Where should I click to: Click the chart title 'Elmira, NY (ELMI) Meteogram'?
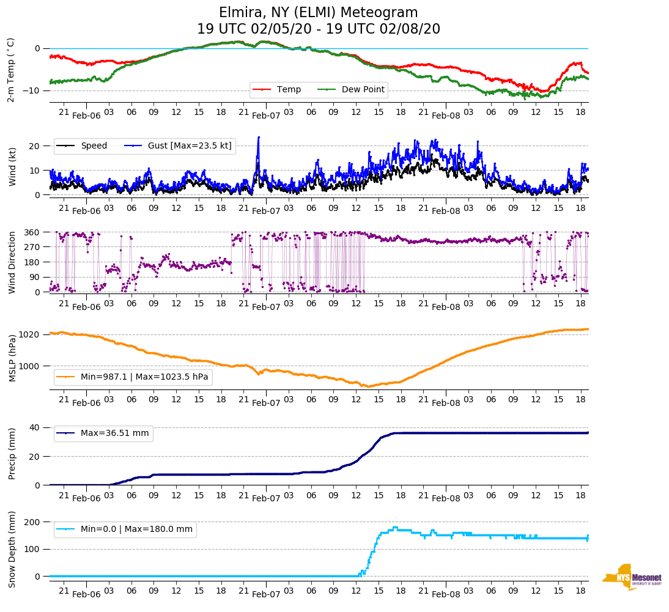(318, 13)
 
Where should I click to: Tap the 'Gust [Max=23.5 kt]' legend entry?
(178, 146)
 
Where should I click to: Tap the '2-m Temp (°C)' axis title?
(11, 70)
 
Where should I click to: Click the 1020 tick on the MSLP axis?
(30, 334)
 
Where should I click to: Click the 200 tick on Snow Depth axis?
(33, 522)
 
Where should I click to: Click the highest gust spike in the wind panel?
(259, 137)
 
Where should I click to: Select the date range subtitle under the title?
(318, 29)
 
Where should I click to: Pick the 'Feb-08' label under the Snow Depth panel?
(446, 594)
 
